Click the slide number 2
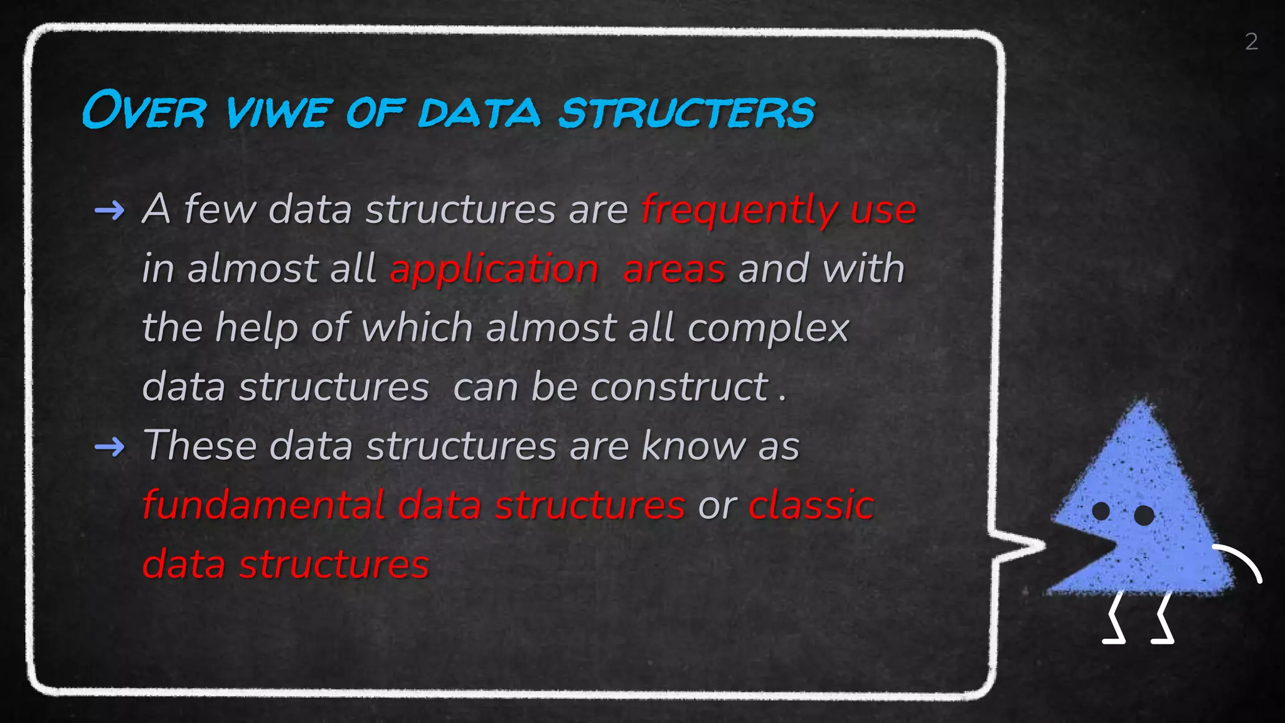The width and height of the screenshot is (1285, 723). tap(1251, 42)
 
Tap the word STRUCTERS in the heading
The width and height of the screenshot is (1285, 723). tap(686, 113)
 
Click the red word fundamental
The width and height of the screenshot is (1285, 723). tap(264, 505)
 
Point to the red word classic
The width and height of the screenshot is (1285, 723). tap(811, 505)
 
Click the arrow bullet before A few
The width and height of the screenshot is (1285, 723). tap(109, 211)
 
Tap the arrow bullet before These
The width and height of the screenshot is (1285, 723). tap(109, 447)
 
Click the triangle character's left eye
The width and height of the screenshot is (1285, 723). tap(1101, 511)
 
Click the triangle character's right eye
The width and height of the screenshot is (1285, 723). tap(1144, 515)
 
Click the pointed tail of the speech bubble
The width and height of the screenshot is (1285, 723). tap(1035, 546)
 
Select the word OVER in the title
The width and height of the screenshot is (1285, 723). tap(144, 112)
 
